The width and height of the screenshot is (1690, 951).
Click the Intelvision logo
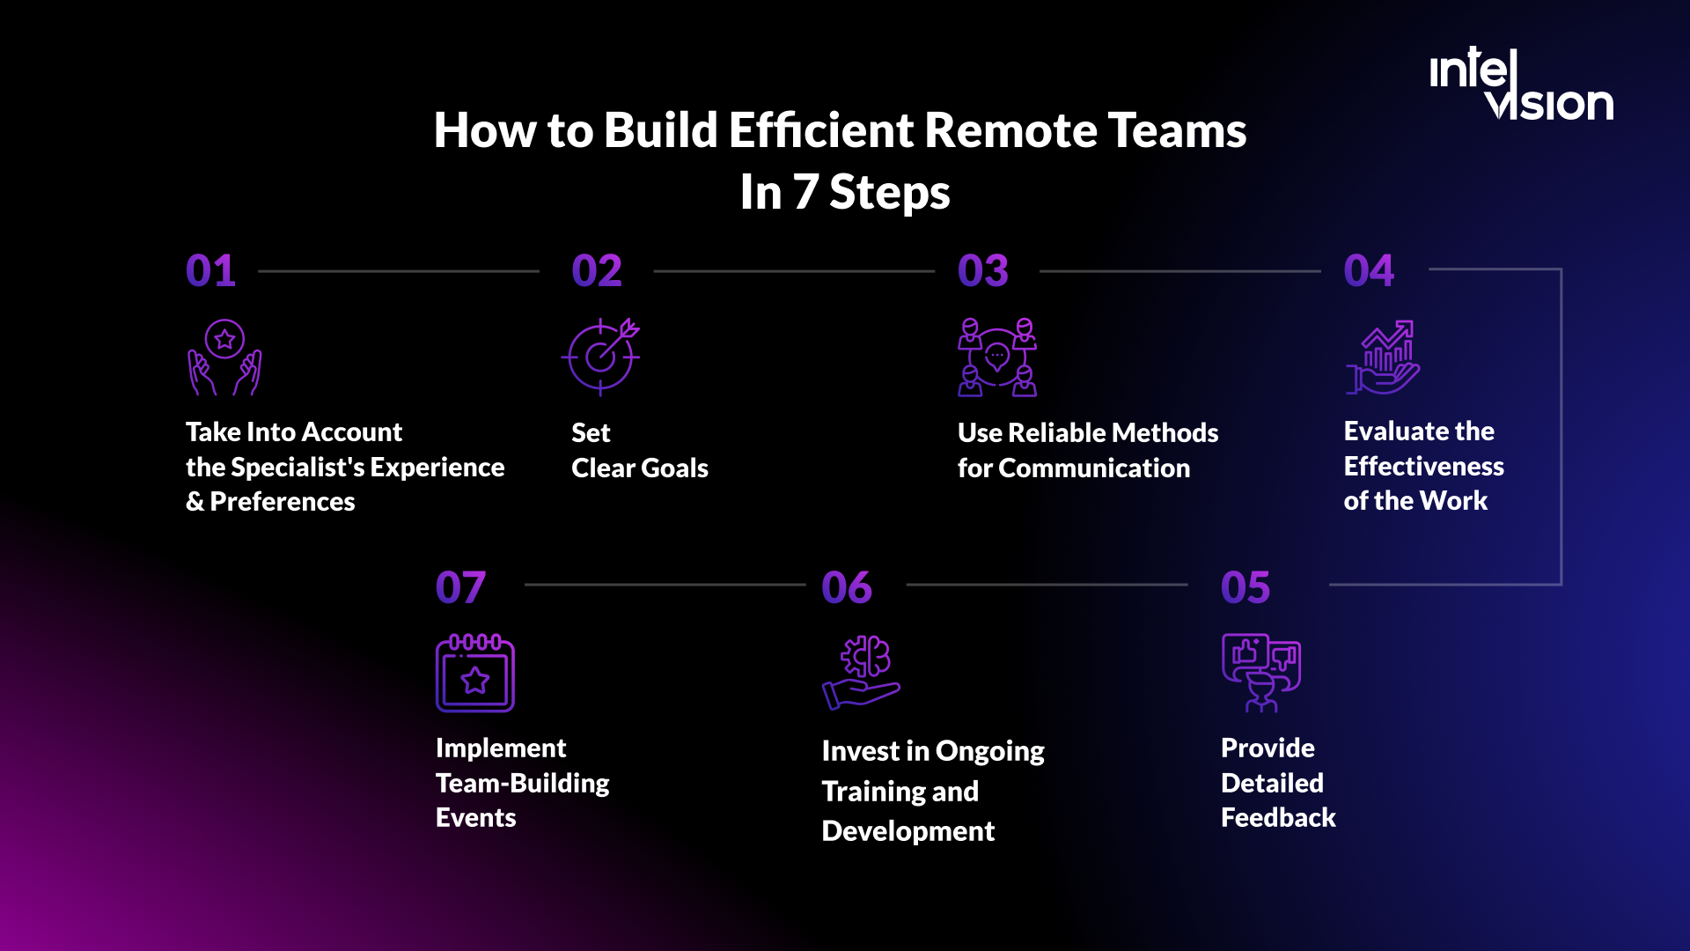pyautogui.click(x=1521, y=85)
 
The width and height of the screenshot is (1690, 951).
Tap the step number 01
pyautogui.click(x=210, y=270)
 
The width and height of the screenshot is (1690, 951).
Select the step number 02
pyautogui.click(x=597, y=270)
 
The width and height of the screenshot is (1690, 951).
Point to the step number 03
pyautogui.click(x=983, y=270)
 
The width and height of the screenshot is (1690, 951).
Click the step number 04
pyautogui.click(x=1369, y=270)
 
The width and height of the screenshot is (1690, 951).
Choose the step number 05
pyautogui.click(x=1245, y=587)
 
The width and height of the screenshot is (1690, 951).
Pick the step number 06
pyautogui.click(x=847, y=587)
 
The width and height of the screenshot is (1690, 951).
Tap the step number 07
pyautogui.click(x=460, y=587)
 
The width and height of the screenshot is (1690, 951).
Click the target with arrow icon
pyautogui.click(x=601, y=357)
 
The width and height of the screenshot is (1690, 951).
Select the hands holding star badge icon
pyautogui.click(x=224, y=358)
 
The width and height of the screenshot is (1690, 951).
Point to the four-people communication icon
pyautogui.click(x=997, y=358)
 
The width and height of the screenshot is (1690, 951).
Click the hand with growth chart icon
pyautogui.click(x=1383, y=358)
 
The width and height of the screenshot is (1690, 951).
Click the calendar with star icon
pyautogui.click(x=475, y=674)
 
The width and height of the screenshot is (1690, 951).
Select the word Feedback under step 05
pyautogui.click(x=1278, y=818)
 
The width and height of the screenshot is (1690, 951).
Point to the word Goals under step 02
pyautogui.click(x=674, y=468)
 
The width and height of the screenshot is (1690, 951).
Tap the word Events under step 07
pyautogui.click(x=475, y=818)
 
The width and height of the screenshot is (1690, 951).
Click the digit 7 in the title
pyautogui.click(x=805, y=192)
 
